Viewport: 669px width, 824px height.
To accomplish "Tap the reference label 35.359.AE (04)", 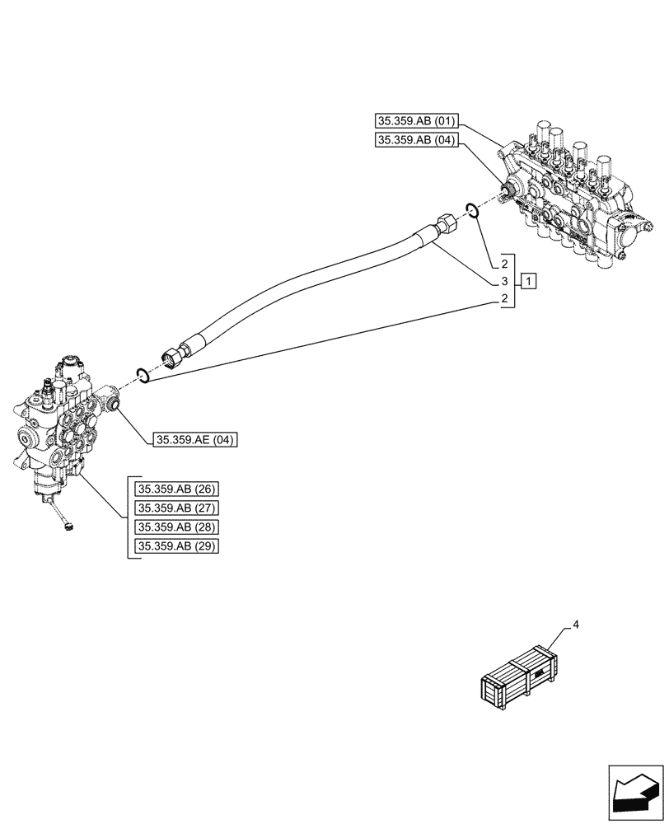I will tap(194, 441).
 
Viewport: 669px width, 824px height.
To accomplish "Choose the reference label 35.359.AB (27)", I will tap(177, 508).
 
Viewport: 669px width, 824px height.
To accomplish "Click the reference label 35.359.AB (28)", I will tap(177, 527).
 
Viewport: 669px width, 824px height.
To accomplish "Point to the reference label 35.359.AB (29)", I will tap(177, 546).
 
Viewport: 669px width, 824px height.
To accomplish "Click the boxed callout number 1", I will tap(529, 281).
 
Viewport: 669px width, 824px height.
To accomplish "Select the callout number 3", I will tap(502, 281).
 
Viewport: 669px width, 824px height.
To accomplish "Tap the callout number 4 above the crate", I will tap(576, 625).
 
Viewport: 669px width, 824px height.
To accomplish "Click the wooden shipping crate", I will tap(518, 678).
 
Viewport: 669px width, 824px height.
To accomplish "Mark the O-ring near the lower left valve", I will tap(143, 376).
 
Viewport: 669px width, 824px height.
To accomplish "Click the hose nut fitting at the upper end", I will tap(445, 223).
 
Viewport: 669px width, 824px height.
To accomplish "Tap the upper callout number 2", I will tap(502, 264).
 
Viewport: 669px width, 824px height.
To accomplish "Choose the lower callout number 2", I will tap(502, 298).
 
